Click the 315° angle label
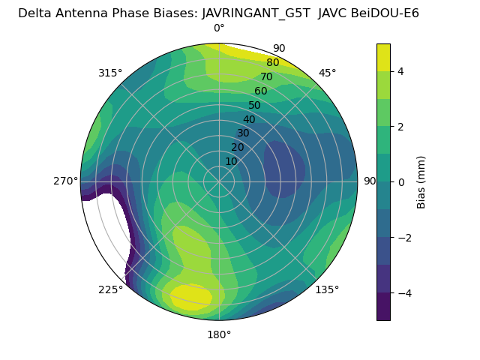[110, 73]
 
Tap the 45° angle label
[327, 73]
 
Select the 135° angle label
[327, 289]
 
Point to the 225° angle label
[110, 289]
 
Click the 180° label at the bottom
[219, 334]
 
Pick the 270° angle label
[65, 181]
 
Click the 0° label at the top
[219, 28]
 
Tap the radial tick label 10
[231, 161]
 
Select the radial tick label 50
[254, 105]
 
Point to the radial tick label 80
[272, 62]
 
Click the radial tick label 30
[243, 133]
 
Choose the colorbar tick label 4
[401, 71]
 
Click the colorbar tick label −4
[404, 292]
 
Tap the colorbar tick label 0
[401, 181]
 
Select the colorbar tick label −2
[404, 237]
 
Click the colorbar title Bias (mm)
[421, 181]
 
